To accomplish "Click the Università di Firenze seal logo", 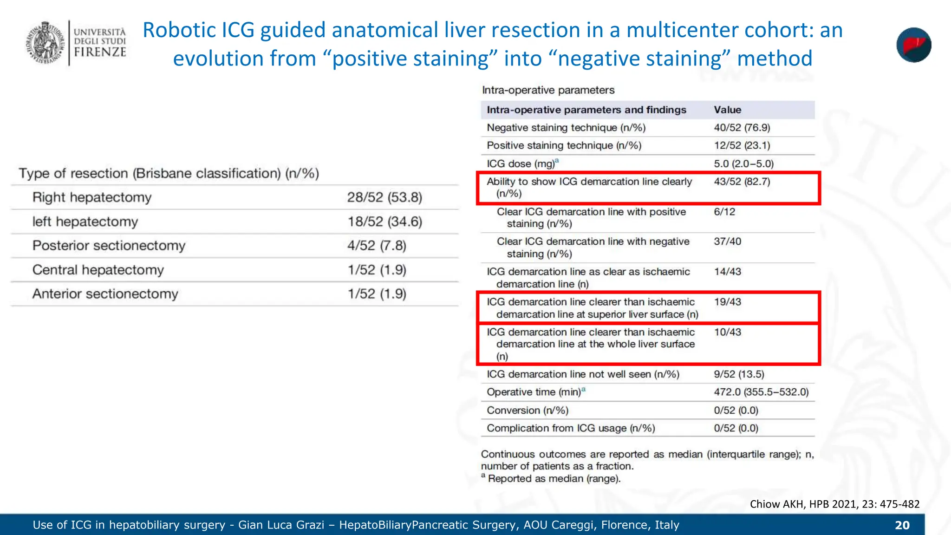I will (x=45, y=42).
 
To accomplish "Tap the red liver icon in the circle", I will (x=913, y=45).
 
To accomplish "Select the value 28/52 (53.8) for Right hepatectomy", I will (x=384, y=197).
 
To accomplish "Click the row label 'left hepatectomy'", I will (x=85, y=222).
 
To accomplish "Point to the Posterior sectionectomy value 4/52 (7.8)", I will (x=377, y=245).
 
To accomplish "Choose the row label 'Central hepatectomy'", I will (x=98, y=270).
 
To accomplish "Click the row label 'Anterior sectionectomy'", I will (x=105, y=294).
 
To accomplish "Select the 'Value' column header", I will (x=727, y=110).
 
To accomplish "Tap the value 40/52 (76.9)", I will (x=742, y=128).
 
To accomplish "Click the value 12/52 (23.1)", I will (x=742, y=145).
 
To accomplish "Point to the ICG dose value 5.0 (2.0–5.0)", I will (x=743, y=163).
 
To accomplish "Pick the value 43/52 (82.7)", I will (x=742, y=182).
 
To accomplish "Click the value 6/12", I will (x=724, y=212).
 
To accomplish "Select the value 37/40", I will (x=727, y=241).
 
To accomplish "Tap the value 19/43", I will (x=727, y=302).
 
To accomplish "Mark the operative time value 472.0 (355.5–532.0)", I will (x=761, y=392).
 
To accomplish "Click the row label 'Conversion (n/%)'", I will (x=527, y=411).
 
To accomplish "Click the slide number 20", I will (x=902, y=525).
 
